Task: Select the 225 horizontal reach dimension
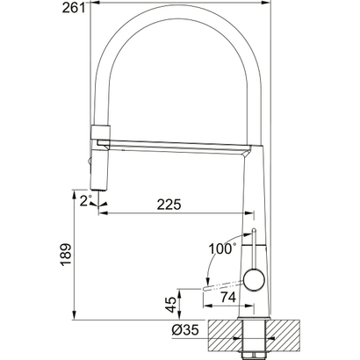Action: (169, 205)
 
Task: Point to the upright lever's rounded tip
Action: (253, 231)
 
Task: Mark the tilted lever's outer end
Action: (206, 287)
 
